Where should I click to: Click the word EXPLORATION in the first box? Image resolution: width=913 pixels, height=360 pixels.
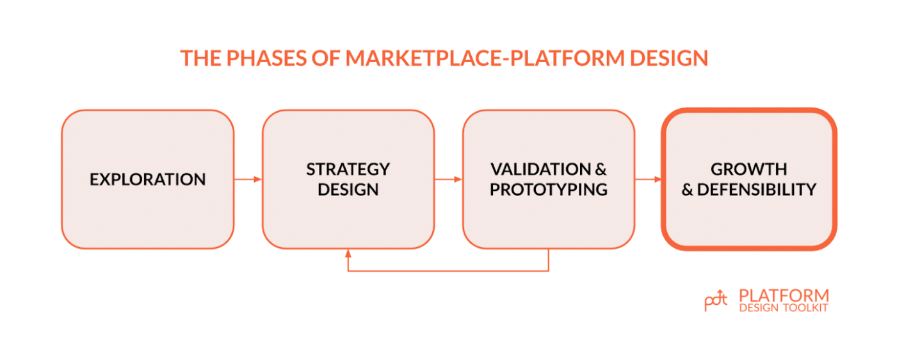[x=147, y=179]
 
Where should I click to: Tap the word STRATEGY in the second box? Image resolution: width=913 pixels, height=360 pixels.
[x=348, y=169]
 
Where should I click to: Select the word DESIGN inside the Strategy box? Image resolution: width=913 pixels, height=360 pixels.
[x=348, y=190]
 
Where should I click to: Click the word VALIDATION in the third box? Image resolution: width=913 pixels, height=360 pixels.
[x=540, y=169]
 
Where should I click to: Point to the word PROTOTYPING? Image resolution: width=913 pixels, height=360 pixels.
[x=549, y=190]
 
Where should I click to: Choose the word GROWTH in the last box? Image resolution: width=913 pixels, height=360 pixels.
[x=749, y=169]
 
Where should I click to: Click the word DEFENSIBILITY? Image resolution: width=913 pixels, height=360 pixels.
[x=757, y=190]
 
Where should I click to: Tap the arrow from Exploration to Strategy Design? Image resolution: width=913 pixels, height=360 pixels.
[x=248, y=179]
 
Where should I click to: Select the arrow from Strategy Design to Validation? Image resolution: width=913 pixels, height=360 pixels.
[x=448, y=179]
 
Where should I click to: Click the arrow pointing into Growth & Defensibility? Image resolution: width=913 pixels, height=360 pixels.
[x=649, y=179]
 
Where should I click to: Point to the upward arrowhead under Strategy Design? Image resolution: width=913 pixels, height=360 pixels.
[x=348, y=253]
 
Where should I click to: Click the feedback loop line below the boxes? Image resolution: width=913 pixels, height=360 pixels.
[x=448, y=271]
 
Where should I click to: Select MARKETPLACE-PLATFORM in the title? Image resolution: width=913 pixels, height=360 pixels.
[x=485, y=58]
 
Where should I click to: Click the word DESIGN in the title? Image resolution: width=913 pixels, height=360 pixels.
[x=669, y=58]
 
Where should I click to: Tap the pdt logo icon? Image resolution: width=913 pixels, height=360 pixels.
[x=716, y=300]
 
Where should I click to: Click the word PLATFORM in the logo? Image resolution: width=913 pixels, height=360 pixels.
[x=784, y=295]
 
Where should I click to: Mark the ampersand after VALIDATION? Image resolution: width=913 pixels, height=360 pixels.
[x=601, y=169]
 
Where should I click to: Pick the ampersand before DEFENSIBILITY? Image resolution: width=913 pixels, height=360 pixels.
[x=687, y=190]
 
